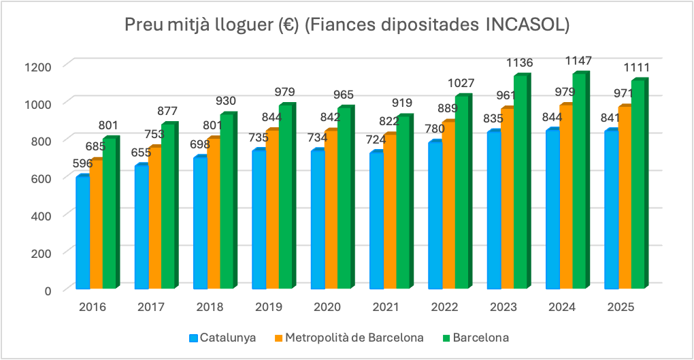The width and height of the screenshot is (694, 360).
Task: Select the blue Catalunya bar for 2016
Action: (x=83, y=232)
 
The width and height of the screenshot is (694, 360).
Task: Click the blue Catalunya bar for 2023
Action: (x=494, y=210)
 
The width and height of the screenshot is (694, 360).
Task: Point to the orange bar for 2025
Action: (x=626, y=197)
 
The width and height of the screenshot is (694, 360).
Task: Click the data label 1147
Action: (x=578, y=61)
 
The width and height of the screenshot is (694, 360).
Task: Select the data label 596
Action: (x=83, y=163)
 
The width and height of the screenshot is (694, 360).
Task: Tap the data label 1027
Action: (x=461, y=83)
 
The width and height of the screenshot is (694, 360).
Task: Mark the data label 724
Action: (x=376, y=140)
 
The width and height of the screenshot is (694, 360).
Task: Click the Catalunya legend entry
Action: (x=222, y=338)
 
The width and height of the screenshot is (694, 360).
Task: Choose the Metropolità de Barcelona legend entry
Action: (x=349, y=338)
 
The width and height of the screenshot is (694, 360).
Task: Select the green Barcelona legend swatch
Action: (x=446, y=338)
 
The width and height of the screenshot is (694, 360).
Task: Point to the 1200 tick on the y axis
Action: (x=39, y=67)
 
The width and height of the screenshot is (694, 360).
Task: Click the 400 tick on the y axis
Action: (x=42, y=216)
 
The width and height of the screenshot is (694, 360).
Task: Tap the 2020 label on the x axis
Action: (x=327, y=307)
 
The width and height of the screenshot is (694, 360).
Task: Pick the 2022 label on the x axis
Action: (x=444, y=307)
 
